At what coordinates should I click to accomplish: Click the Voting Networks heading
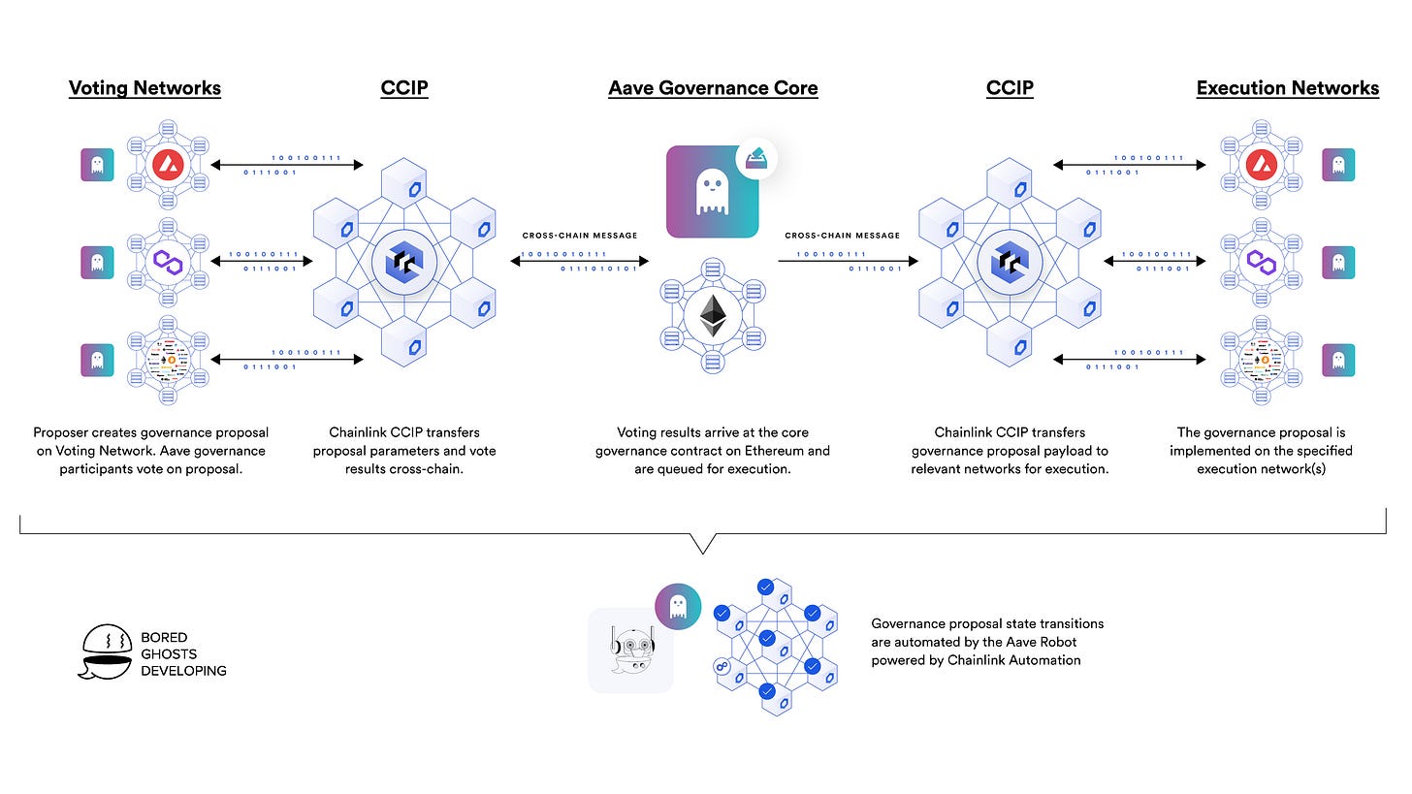tap(144, 88)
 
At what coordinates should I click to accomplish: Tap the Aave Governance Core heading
tap(713, 88)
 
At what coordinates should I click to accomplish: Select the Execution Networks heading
tap(1287, 88)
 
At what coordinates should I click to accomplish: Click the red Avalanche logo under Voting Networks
tap(169, 165)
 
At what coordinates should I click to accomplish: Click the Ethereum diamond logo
tap(714, 316)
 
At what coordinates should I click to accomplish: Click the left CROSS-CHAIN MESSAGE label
tap(580, 236)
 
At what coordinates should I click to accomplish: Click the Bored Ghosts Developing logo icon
tap(106, 652)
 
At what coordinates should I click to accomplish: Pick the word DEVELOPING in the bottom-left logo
tap(184, 670)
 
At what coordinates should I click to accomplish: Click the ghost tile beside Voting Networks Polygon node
tap(96, 262)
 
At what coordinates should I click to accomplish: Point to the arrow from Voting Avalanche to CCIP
tap(287, 166)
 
